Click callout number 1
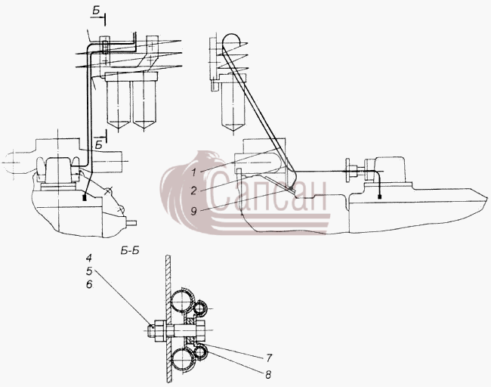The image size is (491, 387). point(194,172)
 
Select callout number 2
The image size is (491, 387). point(194,190)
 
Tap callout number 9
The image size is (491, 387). point(194,212)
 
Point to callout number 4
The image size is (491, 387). point(89,259)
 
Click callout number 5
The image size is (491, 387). point(89,271)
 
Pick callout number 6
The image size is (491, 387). point(89,284)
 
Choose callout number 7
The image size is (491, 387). point(269,358)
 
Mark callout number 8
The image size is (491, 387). point(268,374)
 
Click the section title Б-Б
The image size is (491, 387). point(129,251)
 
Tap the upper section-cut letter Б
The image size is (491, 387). point(96,11)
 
